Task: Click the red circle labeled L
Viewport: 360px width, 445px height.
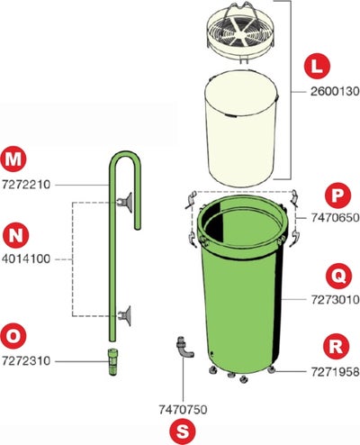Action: coord(317,67)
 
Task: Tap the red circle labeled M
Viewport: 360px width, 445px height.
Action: coord(13,159)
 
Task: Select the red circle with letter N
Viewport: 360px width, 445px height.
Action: coord(15,235)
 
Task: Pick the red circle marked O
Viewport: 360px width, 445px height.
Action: coord(13,336)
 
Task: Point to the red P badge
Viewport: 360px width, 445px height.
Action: coord(337,195)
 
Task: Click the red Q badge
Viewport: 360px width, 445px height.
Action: coord(338,276)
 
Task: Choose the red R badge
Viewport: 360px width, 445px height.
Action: coord(336,346)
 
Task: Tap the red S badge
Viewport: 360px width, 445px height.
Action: coord(182,431)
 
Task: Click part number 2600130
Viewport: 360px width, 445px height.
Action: coord(335,91)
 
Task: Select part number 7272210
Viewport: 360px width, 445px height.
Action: coord(26,185)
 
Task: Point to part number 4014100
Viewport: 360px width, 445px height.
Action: coord(26,259)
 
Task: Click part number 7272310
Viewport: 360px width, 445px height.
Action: coord(26,360)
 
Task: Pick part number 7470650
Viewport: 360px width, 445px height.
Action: coord(335,217)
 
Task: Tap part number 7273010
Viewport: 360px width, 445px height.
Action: coord(335,299)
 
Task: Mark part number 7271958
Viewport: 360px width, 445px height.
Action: coord(335,372)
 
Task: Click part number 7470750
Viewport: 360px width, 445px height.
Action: coord(183,409)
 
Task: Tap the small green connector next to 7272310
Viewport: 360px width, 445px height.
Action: coord(112,361)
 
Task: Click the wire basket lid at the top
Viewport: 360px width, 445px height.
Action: coord(241,30)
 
